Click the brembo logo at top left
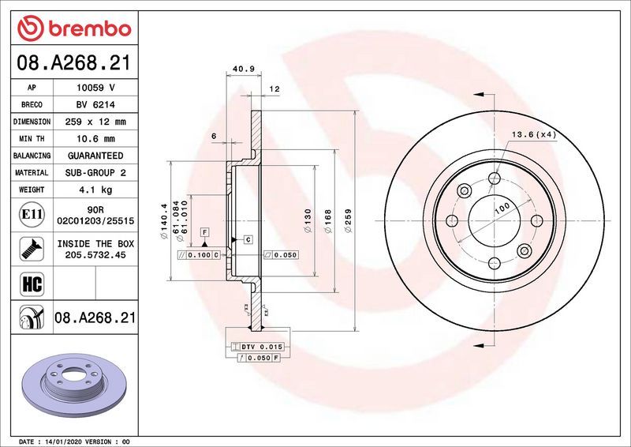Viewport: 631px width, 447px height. click(74, 28)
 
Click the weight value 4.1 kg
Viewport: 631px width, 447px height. click(95, 190)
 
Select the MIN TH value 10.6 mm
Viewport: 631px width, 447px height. click(95, 139)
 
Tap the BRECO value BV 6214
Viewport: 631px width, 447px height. click(95, 105)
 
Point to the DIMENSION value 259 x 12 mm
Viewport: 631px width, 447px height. click(95, 122)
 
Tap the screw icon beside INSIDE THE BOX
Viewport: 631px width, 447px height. click(32, 249)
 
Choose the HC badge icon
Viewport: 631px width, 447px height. click(32, 284)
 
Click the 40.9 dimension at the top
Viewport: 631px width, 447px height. click(244, 69)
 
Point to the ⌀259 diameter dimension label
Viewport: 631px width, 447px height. click(348, 220)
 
